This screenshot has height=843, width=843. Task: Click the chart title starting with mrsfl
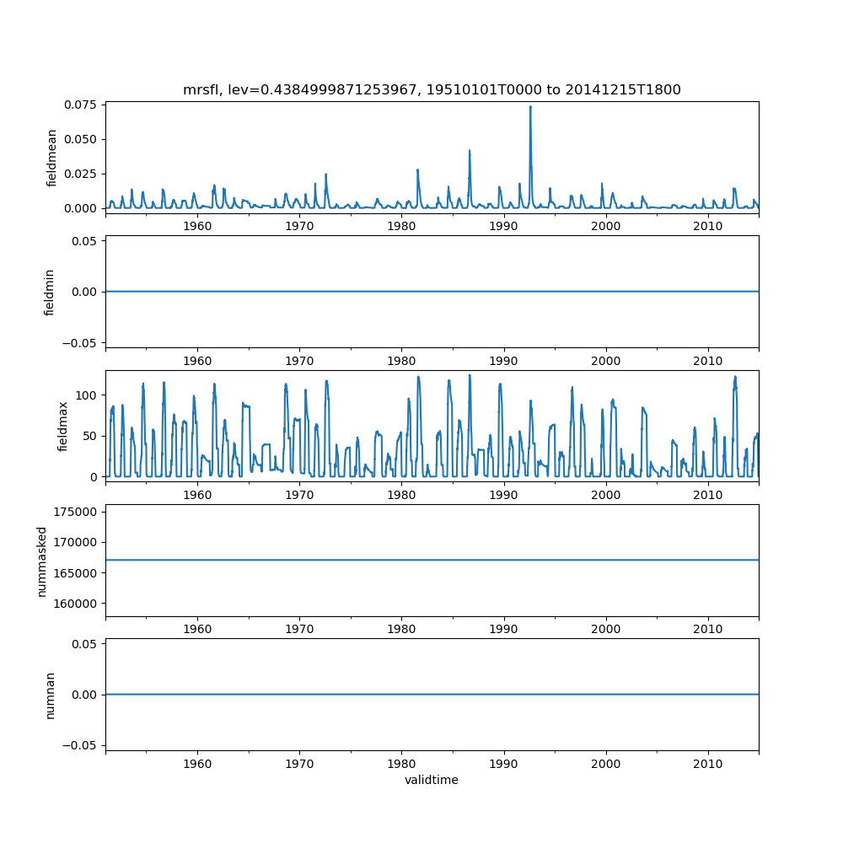click(432, 89)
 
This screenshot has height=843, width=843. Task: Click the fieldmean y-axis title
click(52, 158)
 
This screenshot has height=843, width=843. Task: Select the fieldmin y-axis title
click(50, 292)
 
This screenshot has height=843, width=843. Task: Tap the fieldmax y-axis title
click(63, 426)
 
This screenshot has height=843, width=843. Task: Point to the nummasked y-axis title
click(41, 561)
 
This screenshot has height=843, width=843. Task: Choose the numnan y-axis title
click(50, 695)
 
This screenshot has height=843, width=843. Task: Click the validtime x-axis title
click(432, 780)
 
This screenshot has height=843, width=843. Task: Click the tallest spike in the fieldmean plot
click(530, 107)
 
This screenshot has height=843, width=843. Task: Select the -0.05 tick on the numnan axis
click(80, 745)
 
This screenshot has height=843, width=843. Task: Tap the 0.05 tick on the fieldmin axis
click(83, 241)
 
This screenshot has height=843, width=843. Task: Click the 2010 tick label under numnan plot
click(708, 763)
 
